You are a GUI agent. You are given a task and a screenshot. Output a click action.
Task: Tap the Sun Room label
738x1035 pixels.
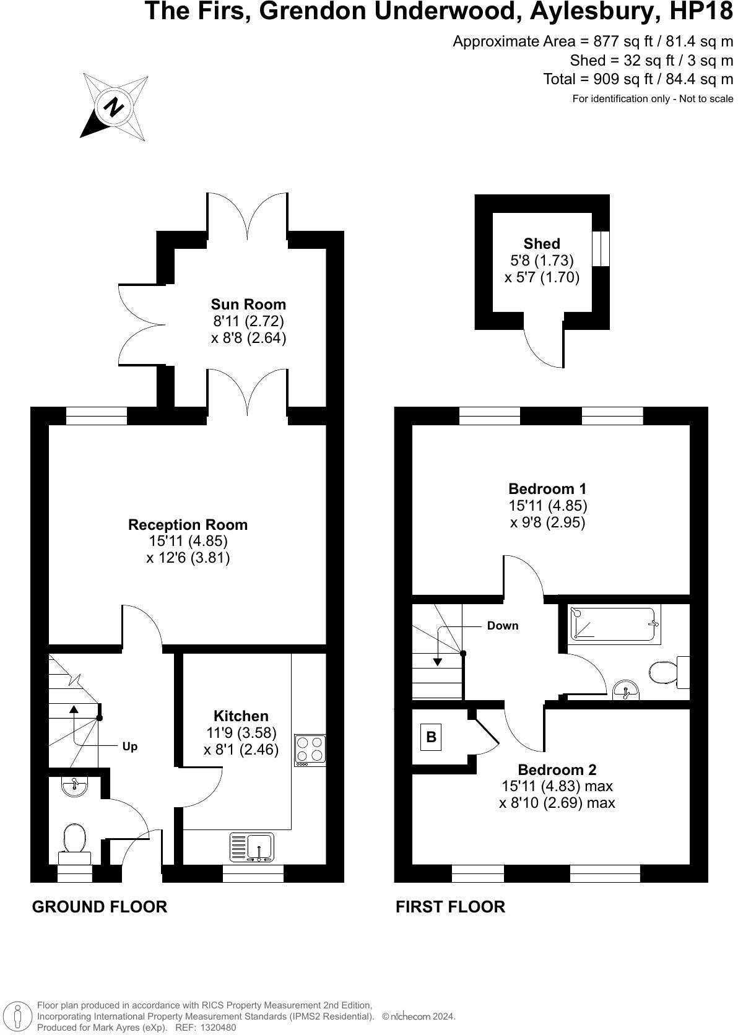[248, 304]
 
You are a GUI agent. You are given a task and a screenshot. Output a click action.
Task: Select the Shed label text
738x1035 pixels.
[542, 243]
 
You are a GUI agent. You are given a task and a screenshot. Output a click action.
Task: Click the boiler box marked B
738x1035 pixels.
[431, 737]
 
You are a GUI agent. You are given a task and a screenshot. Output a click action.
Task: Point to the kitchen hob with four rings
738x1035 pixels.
[310, 750]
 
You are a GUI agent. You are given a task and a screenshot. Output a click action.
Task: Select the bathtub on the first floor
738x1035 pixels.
[614, 624]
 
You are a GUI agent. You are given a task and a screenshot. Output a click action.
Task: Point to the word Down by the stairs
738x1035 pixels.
[503, 626]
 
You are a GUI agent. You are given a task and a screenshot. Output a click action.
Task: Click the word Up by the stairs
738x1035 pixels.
[130, 747]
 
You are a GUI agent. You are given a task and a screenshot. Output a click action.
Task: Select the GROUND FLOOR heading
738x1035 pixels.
[99, 907]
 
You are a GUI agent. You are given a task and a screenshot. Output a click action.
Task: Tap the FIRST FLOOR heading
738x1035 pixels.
[450, 907]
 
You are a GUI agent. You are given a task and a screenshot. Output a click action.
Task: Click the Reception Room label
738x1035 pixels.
[188, 524]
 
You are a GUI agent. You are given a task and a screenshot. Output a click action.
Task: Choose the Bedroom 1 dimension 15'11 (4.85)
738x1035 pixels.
[547, 505]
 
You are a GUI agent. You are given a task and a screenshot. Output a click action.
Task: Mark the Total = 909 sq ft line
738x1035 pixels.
[638, 79]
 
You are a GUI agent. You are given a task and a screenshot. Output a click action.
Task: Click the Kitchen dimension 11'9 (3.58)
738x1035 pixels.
[241, 732]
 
